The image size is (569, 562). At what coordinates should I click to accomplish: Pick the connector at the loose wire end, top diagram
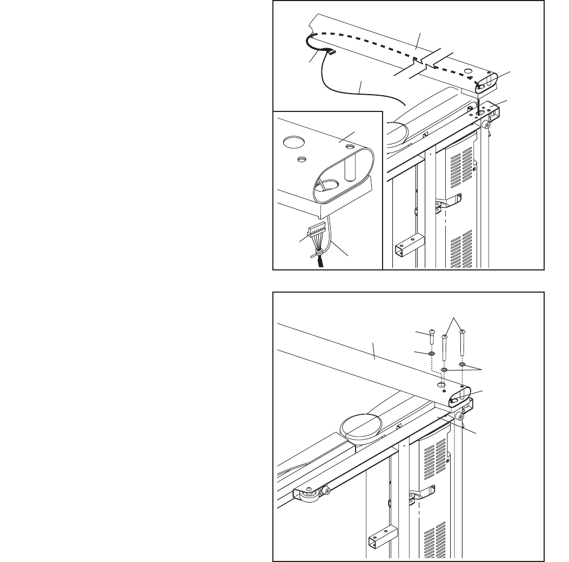[331, 52]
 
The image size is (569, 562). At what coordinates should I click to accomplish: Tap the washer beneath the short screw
[431, 354]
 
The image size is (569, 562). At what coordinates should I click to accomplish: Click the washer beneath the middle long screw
[444, 371]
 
